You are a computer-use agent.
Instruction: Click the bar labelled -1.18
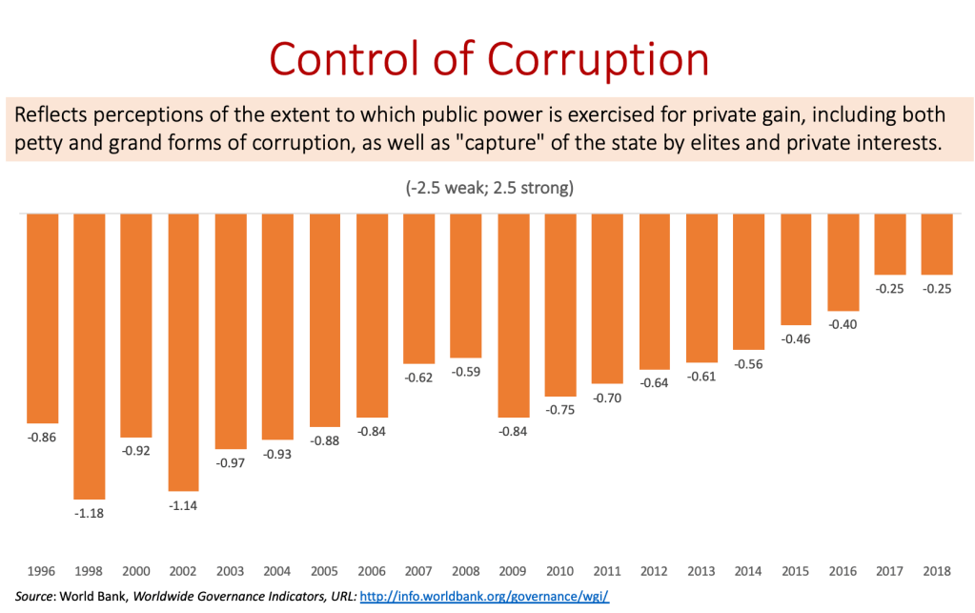coord(91,355)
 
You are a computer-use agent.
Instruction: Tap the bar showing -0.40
coord(843,262)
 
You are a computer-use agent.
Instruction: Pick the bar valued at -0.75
coord(560,304)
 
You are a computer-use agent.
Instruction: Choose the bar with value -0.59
coord(466,286)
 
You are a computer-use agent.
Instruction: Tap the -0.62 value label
coord(419,378)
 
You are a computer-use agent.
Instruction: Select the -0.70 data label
coord(607,398)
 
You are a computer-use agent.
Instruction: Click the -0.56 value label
coord(749,363)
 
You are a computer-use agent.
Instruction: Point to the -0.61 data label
coord(702,377)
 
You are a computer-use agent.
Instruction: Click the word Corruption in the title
coord(598,59)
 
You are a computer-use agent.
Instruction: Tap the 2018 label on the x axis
coord(937,571)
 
